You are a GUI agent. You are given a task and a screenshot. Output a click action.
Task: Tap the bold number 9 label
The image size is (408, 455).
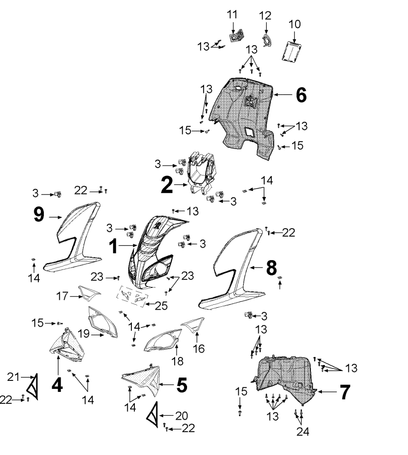[39, 214]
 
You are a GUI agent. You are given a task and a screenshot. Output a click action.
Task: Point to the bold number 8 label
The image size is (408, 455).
[271, 268]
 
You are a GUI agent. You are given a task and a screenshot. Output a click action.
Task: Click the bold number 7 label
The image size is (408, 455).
[345, 392]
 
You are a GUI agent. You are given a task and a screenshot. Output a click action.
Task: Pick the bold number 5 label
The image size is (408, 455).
[182, 384]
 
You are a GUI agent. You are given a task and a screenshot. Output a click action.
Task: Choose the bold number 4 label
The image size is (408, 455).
[57, 384]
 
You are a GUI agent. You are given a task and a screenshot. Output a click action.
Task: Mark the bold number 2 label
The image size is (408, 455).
[167, 185]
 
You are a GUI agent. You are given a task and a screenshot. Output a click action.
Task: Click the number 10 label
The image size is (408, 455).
[295, 23]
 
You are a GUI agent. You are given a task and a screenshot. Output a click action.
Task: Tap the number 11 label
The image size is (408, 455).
[232, 14]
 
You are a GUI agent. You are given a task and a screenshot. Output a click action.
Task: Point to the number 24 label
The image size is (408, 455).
[302, 432]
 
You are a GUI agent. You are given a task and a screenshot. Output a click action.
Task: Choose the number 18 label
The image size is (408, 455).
[178, 361]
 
